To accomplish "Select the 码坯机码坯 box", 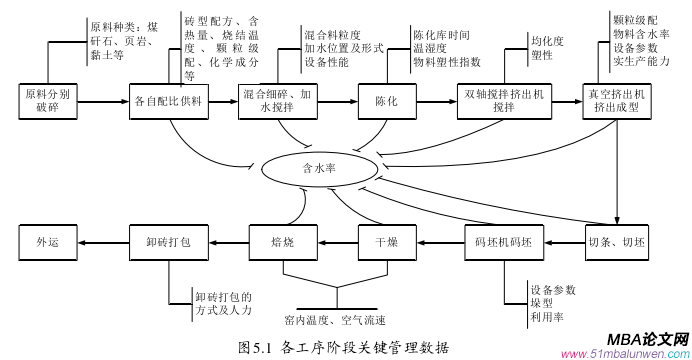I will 506,241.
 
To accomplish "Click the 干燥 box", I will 386,241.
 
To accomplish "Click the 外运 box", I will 49,241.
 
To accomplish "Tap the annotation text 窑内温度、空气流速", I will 335,320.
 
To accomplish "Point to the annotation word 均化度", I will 547,43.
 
